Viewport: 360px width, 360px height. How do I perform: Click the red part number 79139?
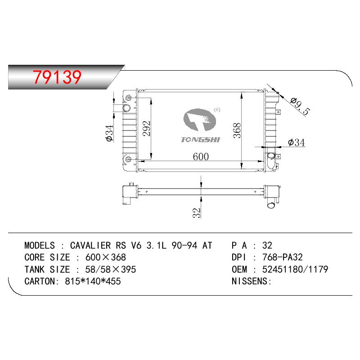tap(57, 76)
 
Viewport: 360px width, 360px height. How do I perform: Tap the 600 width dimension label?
tap(201, 157)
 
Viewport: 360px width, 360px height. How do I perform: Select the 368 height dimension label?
tap(237, 130)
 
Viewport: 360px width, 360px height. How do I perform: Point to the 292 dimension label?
tap(147, 129)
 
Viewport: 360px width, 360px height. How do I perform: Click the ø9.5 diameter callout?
tap(300, 106)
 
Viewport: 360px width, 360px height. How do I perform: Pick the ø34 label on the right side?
tap(297, 143)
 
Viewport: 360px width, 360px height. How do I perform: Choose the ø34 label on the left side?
tap(109, 133)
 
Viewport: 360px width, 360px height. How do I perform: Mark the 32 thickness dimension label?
tap(197, 213)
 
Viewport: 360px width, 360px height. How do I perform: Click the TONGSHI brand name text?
tap(200, 139)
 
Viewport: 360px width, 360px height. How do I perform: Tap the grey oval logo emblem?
tap(200, 120)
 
